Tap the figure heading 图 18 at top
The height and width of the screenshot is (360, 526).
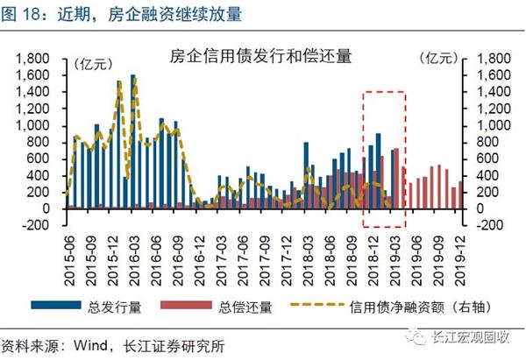26,14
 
